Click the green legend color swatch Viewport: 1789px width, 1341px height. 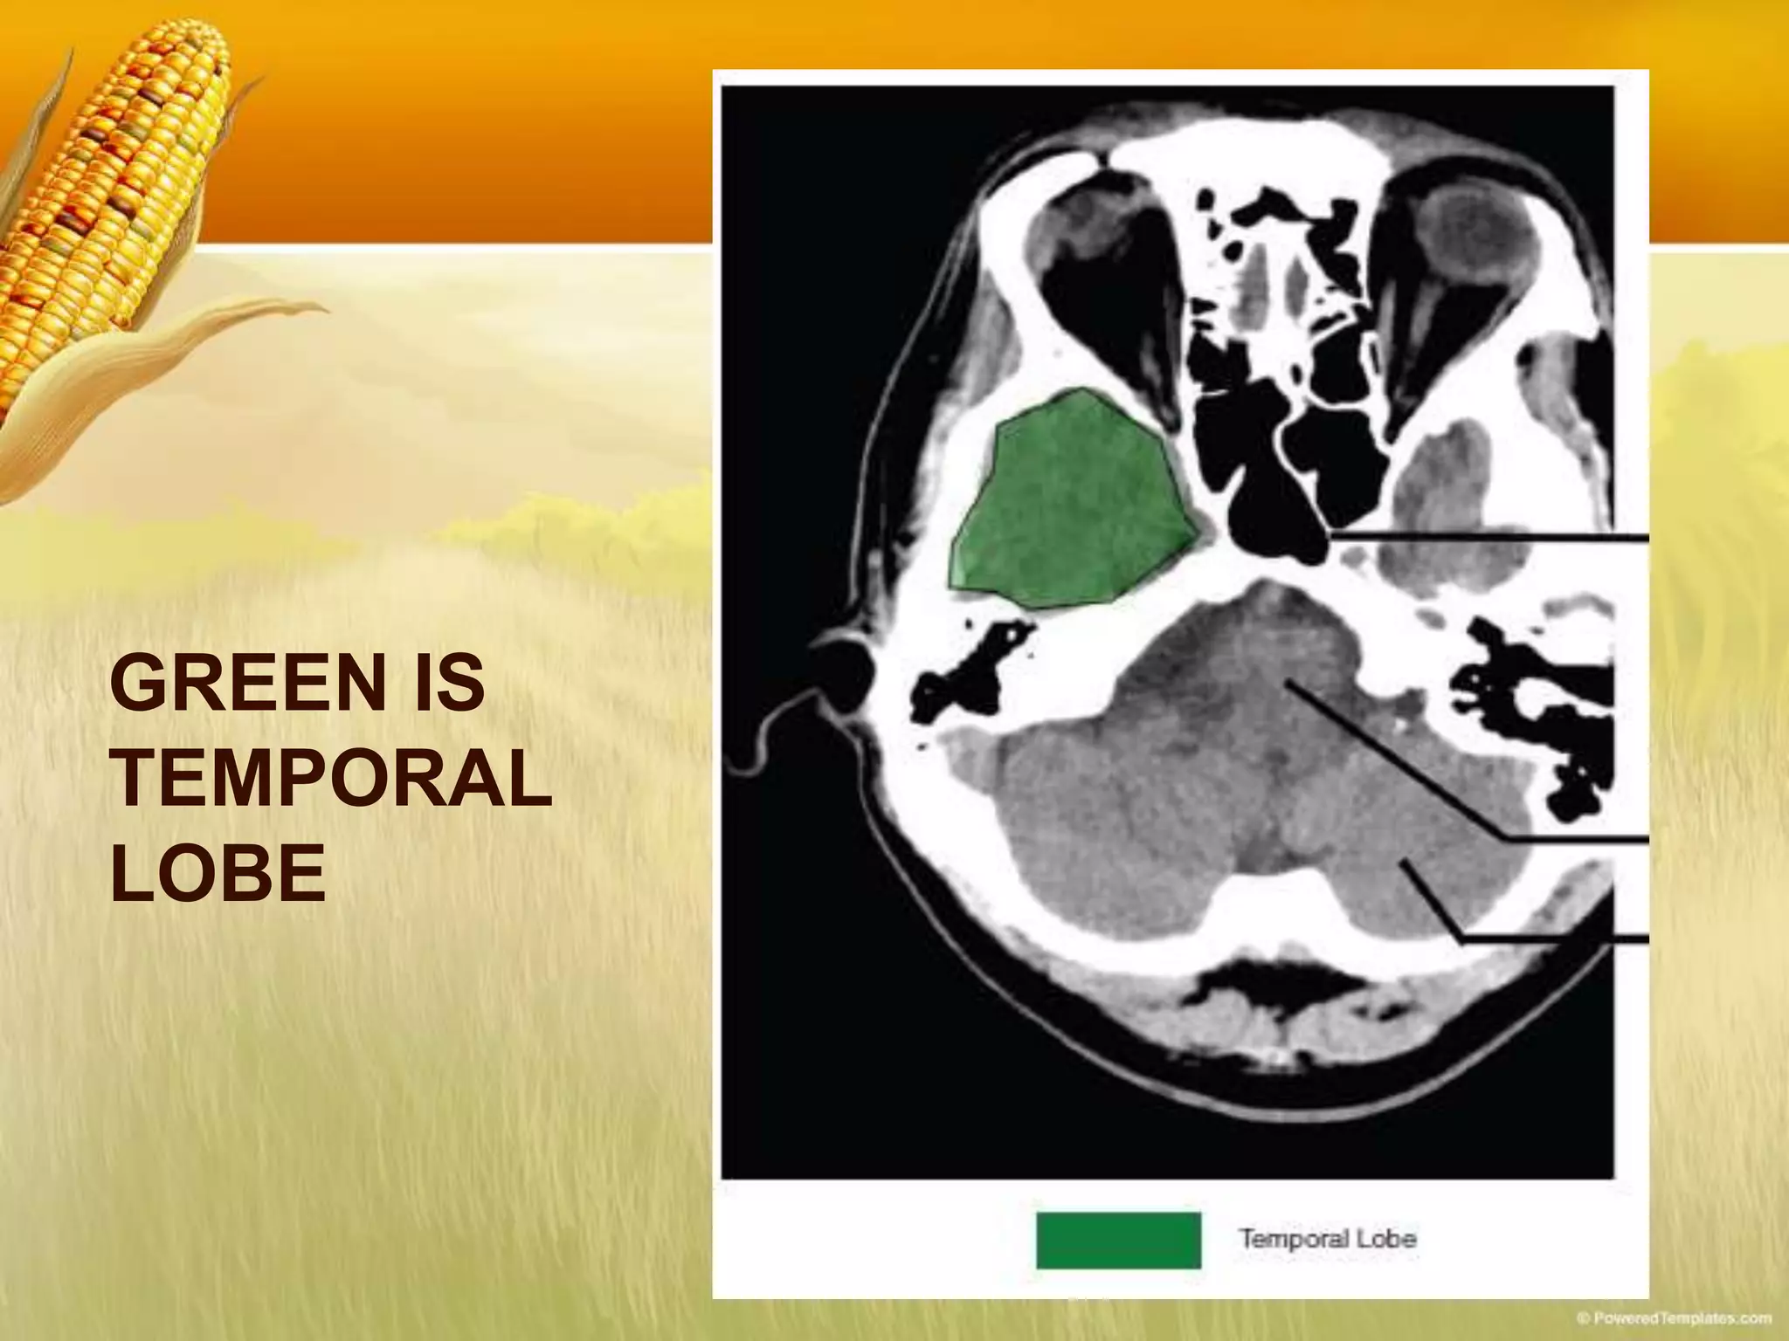point(1117,1240)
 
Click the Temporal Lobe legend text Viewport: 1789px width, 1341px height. point(1327,1238)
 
